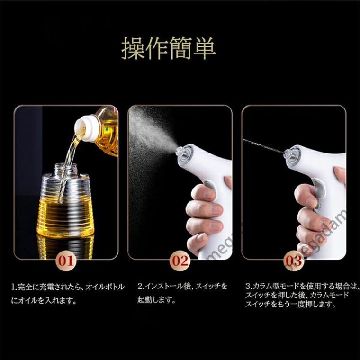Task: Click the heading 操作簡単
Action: coord(169,48)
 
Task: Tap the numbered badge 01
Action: coord(66,261)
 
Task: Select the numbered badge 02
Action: coord(180,261)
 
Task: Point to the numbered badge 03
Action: coord(294,261)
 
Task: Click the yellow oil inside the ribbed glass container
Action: coord(65,218)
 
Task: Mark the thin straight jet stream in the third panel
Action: coord(263,146)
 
